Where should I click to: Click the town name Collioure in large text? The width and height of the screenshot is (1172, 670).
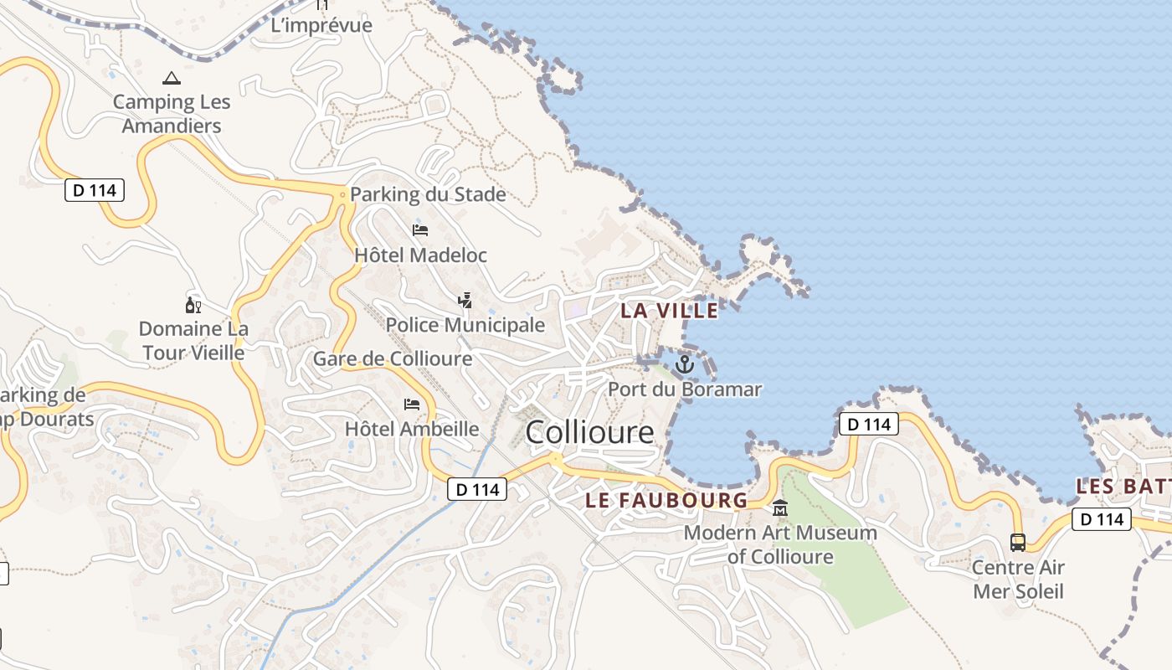[x=589, y=432]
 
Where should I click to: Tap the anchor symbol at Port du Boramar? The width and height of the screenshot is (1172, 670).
[x=685, y=364]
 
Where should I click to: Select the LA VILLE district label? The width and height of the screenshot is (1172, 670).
[x=669, y=311]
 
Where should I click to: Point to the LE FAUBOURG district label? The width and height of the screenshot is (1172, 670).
[x=666, y=501]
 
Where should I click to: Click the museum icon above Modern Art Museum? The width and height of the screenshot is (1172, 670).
[x=780, y=508]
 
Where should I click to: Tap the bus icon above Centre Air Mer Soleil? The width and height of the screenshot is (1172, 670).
[x=1017, y=542]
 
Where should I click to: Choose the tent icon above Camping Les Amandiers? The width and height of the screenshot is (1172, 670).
[x=172, y=79]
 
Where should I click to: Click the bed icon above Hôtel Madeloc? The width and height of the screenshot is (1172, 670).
[x=420, y=230]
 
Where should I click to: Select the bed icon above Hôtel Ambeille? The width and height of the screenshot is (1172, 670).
[x=412, y=405]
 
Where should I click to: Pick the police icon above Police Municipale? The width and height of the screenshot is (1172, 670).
[x=465, y=300]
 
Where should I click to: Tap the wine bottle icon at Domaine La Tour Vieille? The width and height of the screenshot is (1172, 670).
[x=193, y=305]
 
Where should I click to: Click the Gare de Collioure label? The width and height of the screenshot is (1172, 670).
[x=393, y=359]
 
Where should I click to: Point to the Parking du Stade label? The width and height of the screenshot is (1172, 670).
[x=428, y=194]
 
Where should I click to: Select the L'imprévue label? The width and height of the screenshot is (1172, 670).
[x=321, y=25]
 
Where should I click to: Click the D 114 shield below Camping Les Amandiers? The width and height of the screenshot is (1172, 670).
[x=95, y=190]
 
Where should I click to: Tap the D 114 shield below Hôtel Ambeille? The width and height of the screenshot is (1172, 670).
[x=477, y=489]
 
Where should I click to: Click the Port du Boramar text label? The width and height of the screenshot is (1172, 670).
[x=685, y=389]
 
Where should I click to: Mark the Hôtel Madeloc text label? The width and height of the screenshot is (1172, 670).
[x=420, y=255]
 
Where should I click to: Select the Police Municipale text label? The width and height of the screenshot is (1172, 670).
[x=465, y=325]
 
